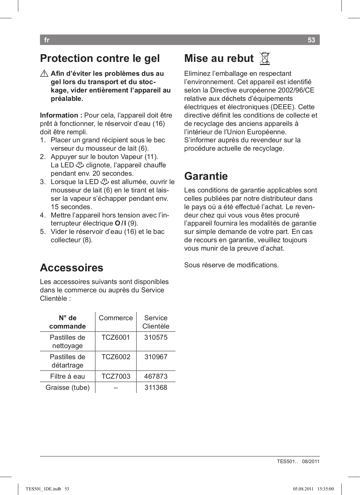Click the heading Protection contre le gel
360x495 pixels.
point(100,58)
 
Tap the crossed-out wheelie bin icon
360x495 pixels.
point(265,58)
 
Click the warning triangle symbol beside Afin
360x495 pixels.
point(44,74)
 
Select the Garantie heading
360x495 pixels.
point(206,176)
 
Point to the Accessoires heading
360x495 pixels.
point(72,268)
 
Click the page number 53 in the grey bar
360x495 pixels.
point(311,40)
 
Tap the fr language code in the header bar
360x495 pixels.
point(47,40)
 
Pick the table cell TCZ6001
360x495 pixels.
point(116,338)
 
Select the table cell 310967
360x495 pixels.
point(156,357)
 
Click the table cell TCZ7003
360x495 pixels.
point(116,377)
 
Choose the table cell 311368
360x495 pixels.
point(156,388)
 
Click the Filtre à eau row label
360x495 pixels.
point(67,377)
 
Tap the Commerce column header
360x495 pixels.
point(116,318)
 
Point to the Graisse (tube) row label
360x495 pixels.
point(67,388)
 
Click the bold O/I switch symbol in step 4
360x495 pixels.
point(120,223)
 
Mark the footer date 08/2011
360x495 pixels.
point(310,462)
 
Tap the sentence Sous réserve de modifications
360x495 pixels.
point(231,265)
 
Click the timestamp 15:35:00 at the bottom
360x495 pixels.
point(326,489)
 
